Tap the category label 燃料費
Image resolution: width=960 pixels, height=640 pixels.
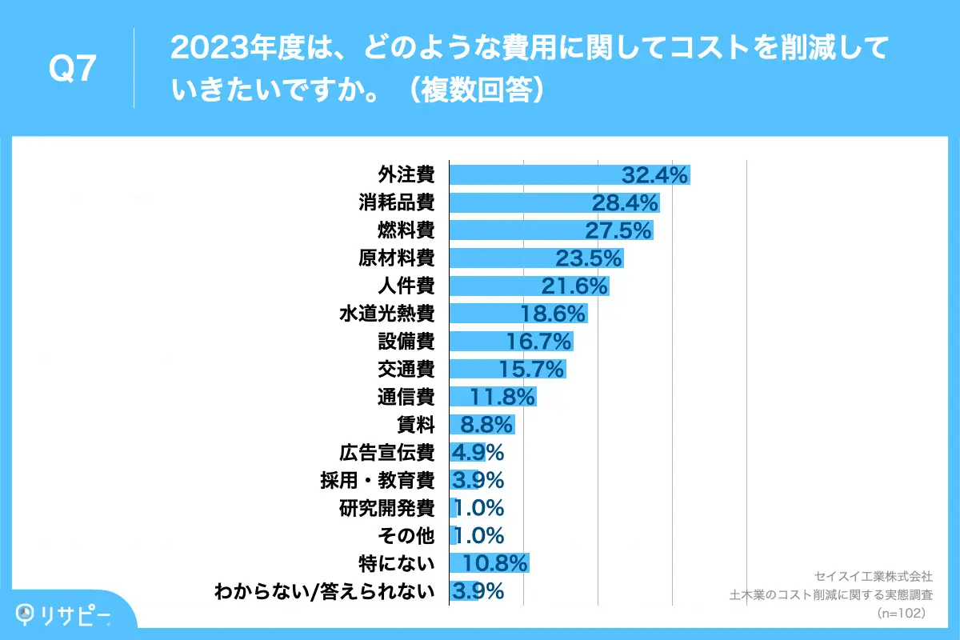point(406,230)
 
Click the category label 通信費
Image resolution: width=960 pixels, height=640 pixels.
point(406,397)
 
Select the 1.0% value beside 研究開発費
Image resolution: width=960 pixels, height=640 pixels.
point(478,508)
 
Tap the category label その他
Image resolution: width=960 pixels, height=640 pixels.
point(406,535)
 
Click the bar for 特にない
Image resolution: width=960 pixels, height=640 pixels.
point(488,563)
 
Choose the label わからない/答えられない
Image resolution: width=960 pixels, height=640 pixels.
point(325,591)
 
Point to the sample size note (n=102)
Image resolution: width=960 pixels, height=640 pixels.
point(902,613)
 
